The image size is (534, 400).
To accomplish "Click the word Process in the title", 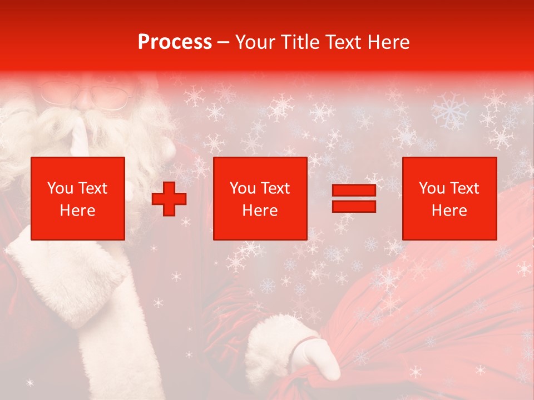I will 175,42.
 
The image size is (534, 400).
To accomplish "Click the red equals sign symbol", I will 354,199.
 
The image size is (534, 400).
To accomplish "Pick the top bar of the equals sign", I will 354,191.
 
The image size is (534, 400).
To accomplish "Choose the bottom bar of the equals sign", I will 354,206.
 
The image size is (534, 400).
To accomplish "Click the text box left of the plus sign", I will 78,198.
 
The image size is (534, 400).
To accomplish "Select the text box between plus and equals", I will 260,198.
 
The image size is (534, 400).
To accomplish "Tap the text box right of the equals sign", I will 449,198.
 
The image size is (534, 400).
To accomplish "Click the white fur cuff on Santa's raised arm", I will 67,278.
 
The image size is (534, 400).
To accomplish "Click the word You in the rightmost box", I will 432,188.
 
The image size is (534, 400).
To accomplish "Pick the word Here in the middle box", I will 260,211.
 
